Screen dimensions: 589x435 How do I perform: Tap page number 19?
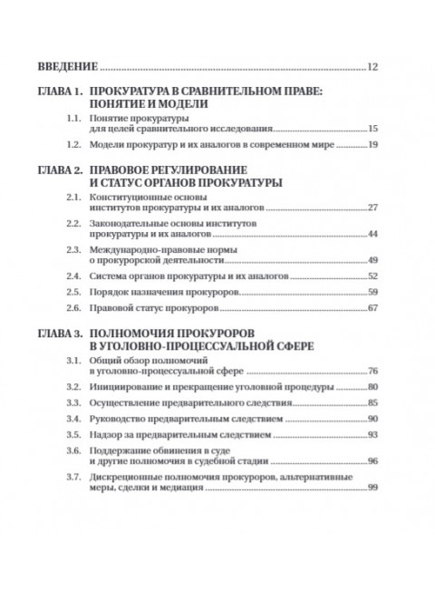coord(372,146)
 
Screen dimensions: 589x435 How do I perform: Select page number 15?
coord(372,130)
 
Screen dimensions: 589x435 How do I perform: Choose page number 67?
coord(372,312)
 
